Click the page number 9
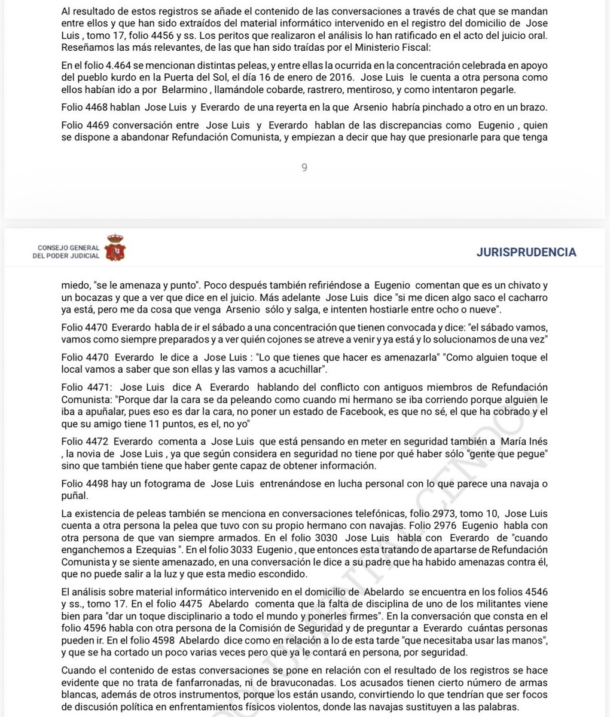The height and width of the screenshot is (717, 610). tap(304, 168)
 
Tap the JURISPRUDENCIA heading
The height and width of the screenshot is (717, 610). tap(526, 252)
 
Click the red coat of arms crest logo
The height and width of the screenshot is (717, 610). tap(115, 247)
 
